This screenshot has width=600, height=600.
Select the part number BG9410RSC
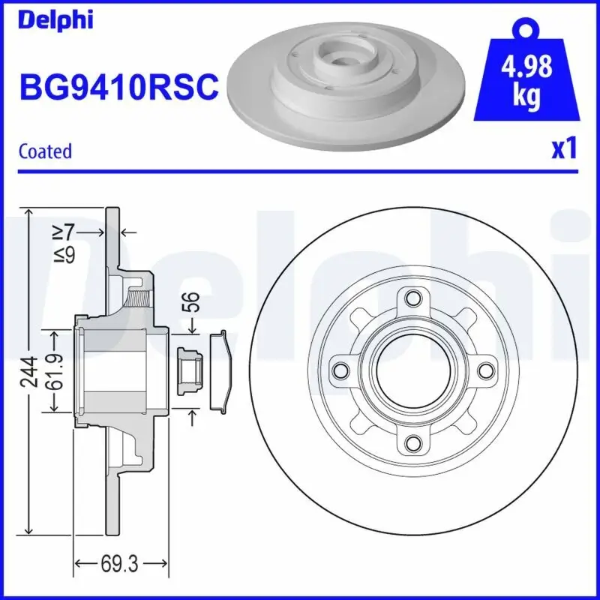pyautogui.click(x=118, y=88)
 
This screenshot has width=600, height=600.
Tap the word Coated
pyautogui.click(x=45, y=151)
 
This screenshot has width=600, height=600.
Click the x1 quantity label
pyautogui.click(x=564, y=148)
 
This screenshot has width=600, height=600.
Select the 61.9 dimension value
pyautogui.click(x=53, y=370)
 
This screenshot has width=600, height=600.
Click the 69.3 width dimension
pyautogui.click(x=121, y=562)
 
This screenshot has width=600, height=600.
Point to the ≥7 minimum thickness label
pyautogui.click(x=66, y=233)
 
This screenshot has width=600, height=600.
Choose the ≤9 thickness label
pyautogui.click(x=66, y=255)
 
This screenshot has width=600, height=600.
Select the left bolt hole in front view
pyautogui.click(x=340, y=370)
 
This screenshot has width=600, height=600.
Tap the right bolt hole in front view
pyautogui.click(x=486, y=370)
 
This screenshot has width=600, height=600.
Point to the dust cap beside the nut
pyautogui.click(x=220, y=370)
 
